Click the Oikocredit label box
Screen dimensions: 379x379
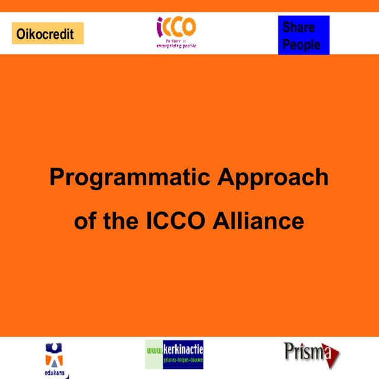click(x=47, y=34)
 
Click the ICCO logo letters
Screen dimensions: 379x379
click(x=176, y=27)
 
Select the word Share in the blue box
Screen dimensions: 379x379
click(x=298, y=27)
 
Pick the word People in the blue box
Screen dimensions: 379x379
click(x=301, y=44)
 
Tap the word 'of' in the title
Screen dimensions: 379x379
click(x=84, y=221)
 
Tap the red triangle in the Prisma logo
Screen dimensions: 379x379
click(x=333, y=356)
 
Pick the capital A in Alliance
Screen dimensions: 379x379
click(x=227, y=221)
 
